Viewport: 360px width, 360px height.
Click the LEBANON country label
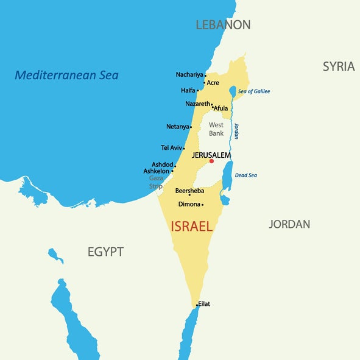[x=223, y=25]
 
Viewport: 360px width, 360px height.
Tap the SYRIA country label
[x=339, y=66]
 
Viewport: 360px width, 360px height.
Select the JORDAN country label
[x=289, y=224]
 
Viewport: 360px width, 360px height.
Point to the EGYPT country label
[x=105, y=252]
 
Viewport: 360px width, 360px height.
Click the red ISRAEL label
[x=192, y=227]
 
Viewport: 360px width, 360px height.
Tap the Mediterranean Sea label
[x=66, y=76]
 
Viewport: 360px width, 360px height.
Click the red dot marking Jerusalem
[x=211, y=161]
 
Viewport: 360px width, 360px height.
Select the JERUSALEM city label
[x=211, y=155]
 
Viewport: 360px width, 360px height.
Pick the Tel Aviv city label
[x=171, y=147]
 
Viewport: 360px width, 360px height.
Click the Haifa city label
[x=188, y=90]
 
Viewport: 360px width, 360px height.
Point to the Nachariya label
[x=189, y=74]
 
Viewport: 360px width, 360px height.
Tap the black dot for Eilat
[x=197, y=304]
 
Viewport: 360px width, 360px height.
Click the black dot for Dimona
[x=202, y=205]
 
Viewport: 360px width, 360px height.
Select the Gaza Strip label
[x=156, y=182]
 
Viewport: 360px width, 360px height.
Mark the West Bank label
[x=216, y=129]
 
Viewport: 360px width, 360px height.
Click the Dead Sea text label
[x=245, y=175]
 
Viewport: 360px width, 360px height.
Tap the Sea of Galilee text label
[x=253, y=91]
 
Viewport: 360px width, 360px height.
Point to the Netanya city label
[x=177, y=127]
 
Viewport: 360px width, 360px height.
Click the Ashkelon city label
[x=157, y=171]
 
